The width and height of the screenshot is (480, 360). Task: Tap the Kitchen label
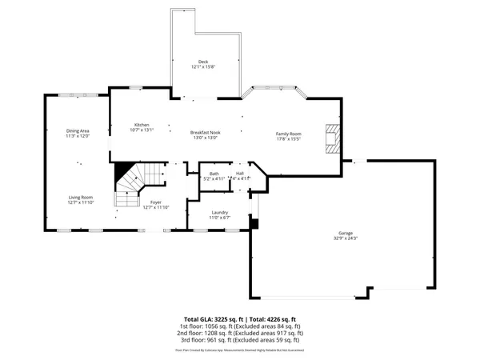142,126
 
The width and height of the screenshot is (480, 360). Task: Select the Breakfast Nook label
205,132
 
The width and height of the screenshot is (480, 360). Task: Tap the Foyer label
156,202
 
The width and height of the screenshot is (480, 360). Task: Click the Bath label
214,174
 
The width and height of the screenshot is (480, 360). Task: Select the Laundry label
219,212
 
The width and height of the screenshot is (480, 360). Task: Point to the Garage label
346,234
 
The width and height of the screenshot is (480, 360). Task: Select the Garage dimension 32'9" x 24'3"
346,239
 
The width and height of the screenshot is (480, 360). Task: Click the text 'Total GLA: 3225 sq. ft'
213,319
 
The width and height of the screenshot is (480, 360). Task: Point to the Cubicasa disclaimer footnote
240,350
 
